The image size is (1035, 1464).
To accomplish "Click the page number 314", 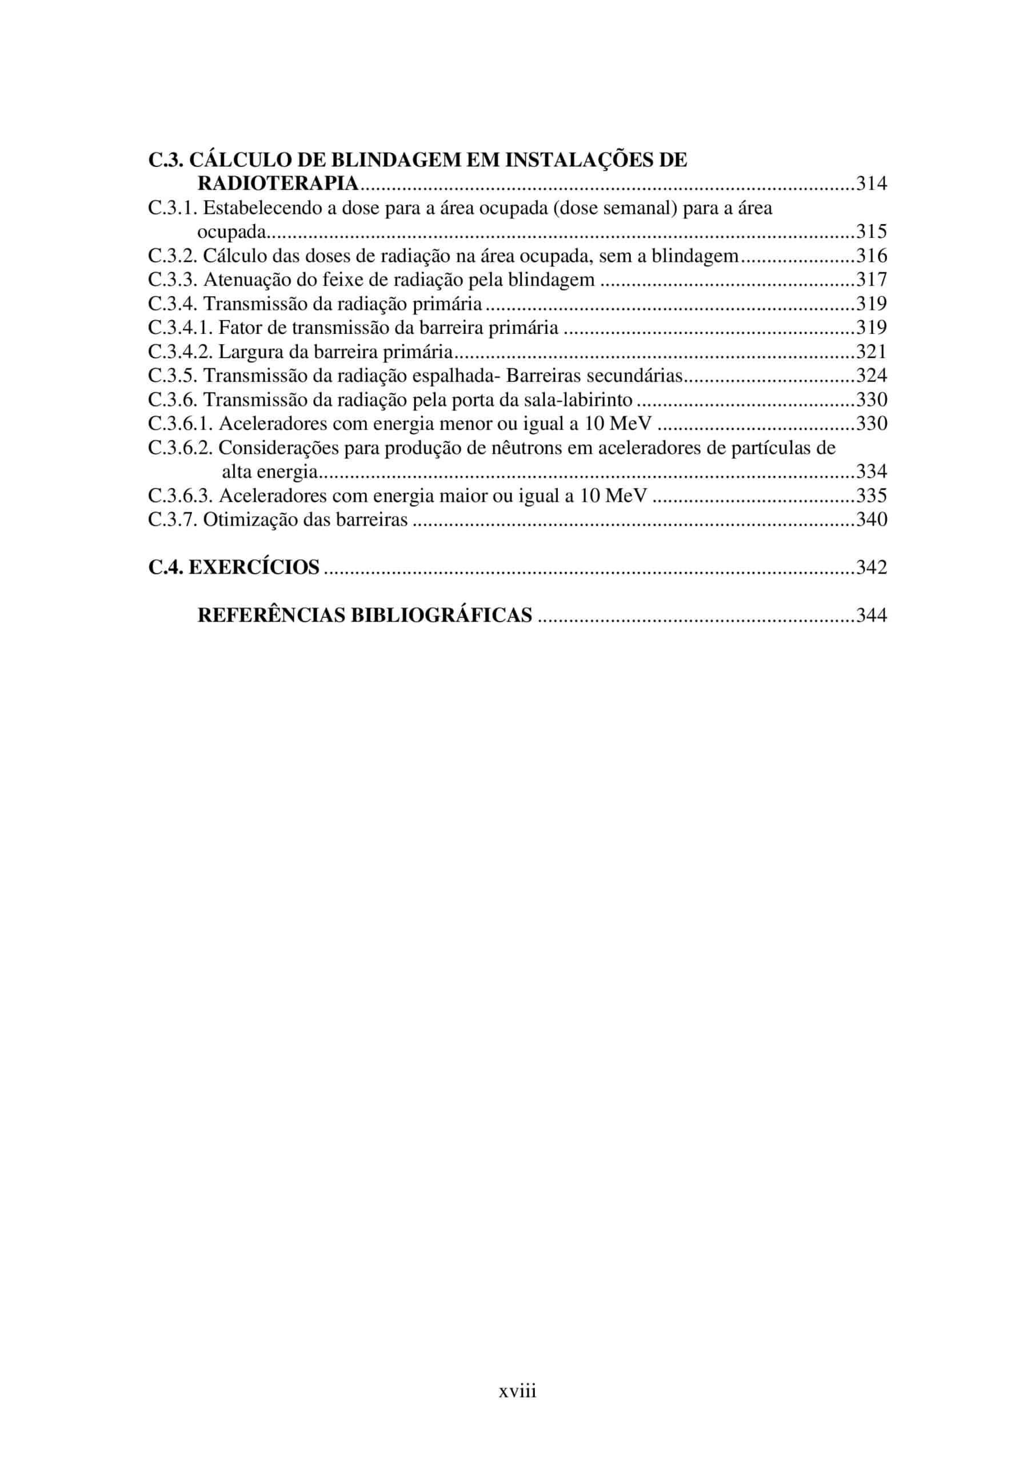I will point(871,184).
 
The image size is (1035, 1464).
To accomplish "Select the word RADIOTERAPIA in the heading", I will point(278,184).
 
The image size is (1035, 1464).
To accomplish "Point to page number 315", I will point(871,232).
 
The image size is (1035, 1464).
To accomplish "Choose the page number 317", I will point(871,279).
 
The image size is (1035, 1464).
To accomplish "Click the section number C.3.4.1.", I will point(181,328).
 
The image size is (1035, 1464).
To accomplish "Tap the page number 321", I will point(871,351).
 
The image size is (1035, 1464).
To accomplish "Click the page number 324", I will point(871,376).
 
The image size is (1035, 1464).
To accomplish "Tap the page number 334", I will point(871,472).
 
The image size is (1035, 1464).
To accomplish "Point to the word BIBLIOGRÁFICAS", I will point(441,615).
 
